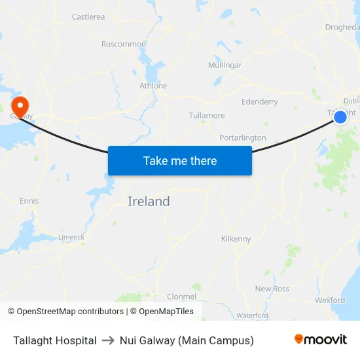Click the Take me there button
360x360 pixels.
click(180, 160)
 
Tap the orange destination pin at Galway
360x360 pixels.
click(20, 105)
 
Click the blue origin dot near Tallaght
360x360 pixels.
click(340, 117)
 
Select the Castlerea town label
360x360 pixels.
click(88, 17)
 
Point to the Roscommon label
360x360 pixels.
click(124, 45)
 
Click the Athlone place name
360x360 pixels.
click(153, 86)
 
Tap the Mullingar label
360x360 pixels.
click(225, 65)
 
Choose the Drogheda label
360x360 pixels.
click(342, 27)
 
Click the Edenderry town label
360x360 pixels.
click(259, 102)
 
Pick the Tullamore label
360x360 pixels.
click(206, 116)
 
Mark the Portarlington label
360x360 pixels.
click(243, 138)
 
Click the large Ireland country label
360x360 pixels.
click(149, 202)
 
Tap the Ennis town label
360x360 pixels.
click(29, 201)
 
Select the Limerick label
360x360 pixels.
click(71, 237)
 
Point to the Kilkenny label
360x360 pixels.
click(236, 239)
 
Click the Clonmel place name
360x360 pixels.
click(181, 297)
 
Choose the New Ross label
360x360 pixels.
click(272, 289)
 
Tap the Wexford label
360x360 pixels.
click(329, 300)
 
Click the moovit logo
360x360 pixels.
click(321, 340)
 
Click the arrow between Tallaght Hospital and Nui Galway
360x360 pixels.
click(108, 340)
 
